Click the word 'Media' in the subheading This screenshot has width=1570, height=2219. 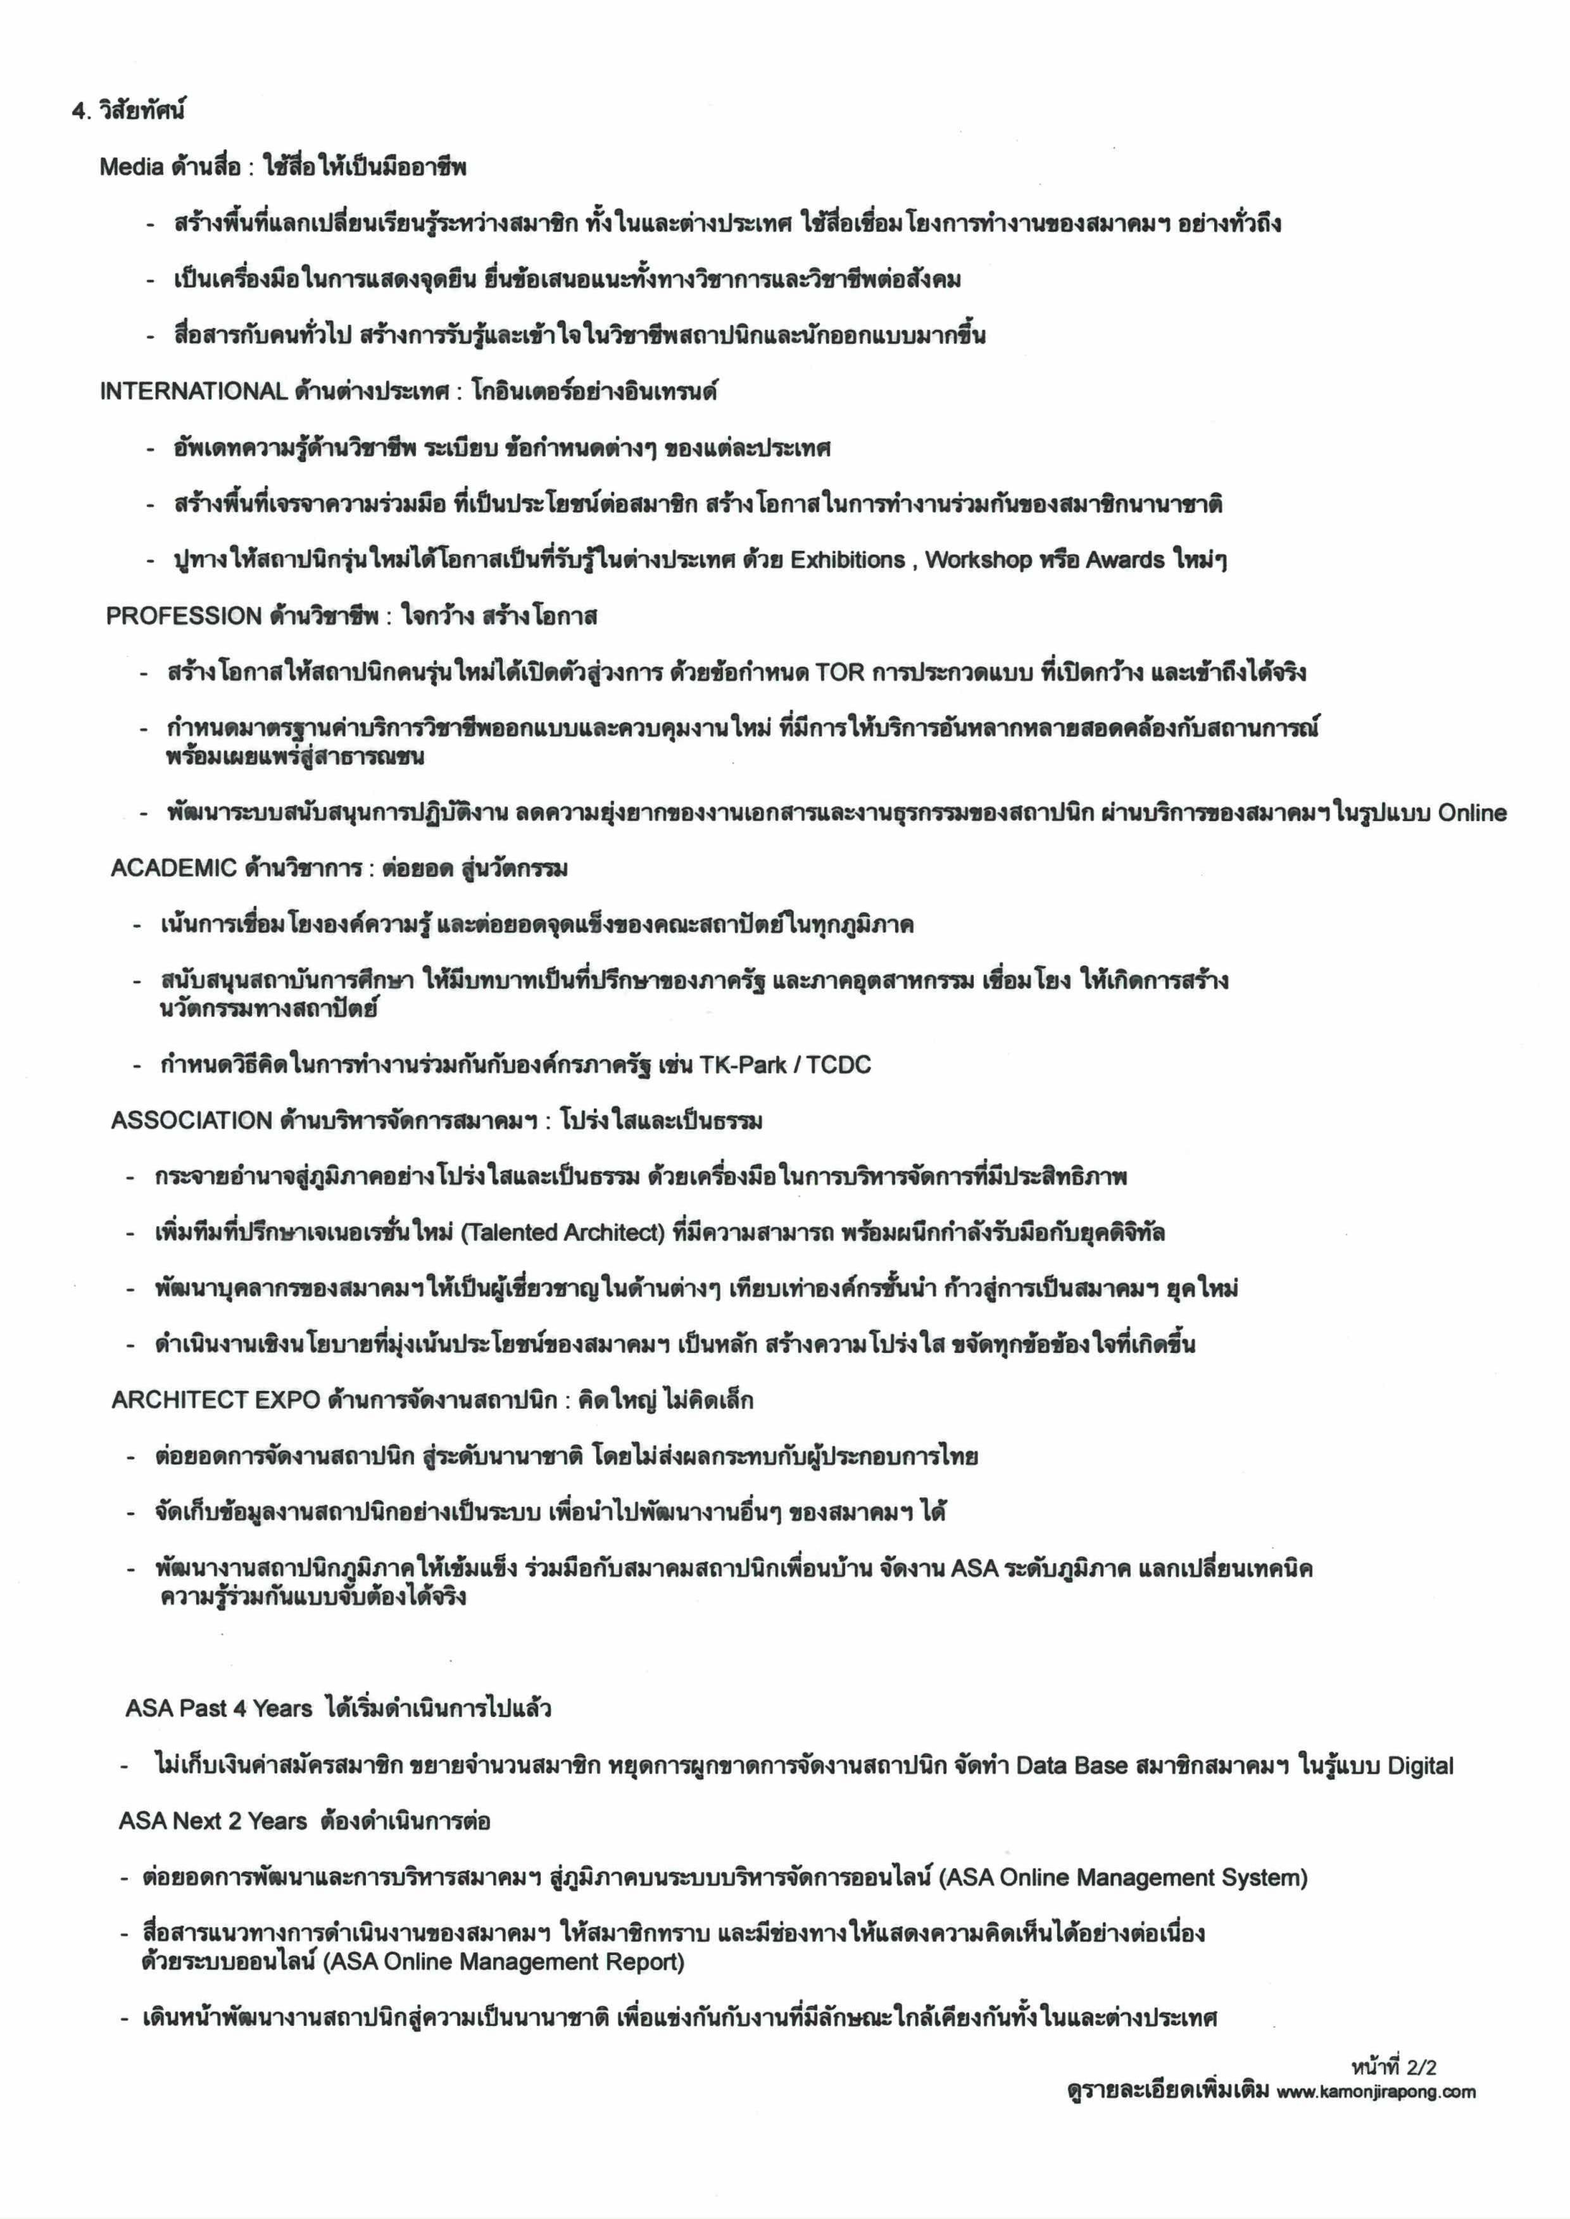132,167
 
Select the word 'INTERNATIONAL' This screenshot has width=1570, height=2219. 193,392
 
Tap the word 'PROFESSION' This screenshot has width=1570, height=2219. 184,616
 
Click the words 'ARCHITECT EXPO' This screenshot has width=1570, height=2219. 216,1400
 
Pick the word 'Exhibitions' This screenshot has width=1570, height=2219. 848,560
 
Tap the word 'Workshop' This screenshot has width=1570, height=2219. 979,560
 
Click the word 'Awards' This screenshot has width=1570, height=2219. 1126,560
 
